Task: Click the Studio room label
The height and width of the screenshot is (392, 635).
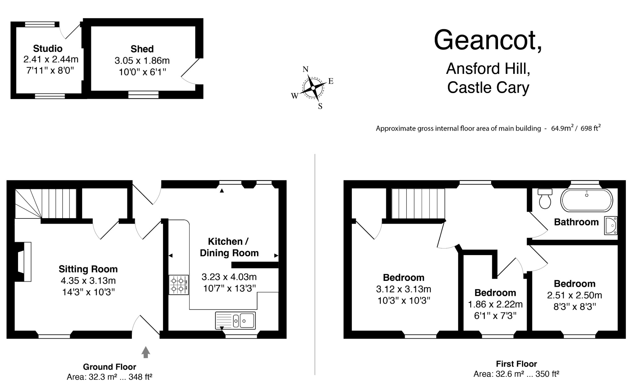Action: click(48, 49)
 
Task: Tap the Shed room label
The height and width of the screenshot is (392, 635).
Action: click(142, 49)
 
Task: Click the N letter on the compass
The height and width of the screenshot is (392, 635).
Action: click(306, 69)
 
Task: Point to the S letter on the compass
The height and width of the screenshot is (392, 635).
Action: click(320, 106)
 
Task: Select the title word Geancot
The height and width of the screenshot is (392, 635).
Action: click(488, 40)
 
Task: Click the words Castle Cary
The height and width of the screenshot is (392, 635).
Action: click(488, 88)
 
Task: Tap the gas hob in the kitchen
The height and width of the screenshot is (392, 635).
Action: click(179, 285)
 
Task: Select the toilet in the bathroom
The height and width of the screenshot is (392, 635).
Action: click(545, 199)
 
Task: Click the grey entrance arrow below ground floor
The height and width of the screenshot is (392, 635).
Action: click(146, 352)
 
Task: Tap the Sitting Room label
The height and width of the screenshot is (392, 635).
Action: click(88, 269)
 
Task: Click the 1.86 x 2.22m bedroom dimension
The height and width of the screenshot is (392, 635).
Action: click(495, 304)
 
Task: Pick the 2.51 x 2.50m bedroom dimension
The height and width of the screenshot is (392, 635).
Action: click(575, 295)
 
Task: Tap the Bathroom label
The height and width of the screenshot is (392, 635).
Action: click(576, 222)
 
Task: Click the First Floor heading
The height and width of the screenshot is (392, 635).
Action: click(516, 364)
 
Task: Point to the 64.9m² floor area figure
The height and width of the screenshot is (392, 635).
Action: click(562, 128)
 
